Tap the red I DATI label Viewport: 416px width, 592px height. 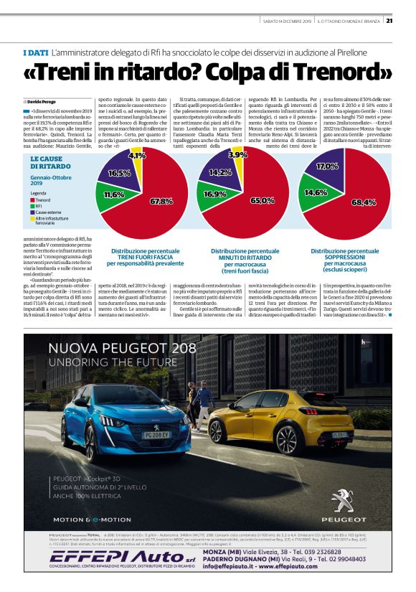34,53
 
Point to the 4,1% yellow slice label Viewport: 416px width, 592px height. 136,155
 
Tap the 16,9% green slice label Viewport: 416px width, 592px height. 214,194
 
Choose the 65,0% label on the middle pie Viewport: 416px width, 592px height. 261,200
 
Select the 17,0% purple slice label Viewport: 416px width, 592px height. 326,166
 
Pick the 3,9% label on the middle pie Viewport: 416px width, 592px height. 237,154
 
